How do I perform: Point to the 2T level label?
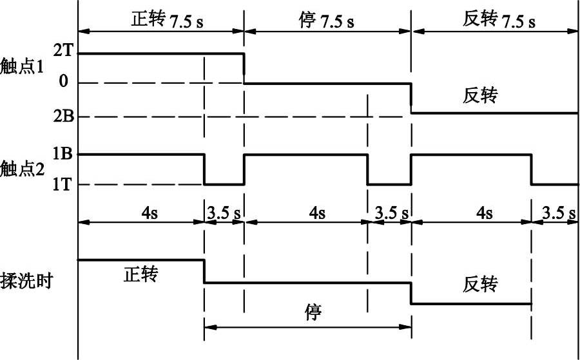coord(62,52)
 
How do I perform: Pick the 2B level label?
coord(62,117)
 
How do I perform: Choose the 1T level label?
coord(62,184)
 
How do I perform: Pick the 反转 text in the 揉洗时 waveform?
coord(480,284)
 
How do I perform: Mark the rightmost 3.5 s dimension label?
coord(559,213)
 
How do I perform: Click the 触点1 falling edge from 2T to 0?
coord(244,68)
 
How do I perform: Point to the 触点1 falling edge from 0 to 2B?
coord(411,98)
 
